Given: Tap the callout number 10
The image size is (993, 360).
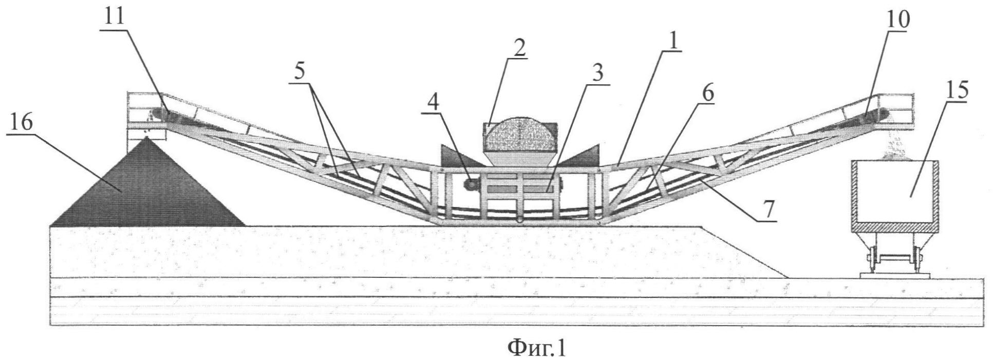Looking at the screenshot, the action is (898, 19).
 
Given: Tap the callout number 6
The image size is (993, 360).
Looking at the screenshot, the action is (708, 94).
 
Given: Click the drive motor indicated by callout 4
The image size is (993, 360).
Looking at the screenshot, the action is (471, 184).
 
